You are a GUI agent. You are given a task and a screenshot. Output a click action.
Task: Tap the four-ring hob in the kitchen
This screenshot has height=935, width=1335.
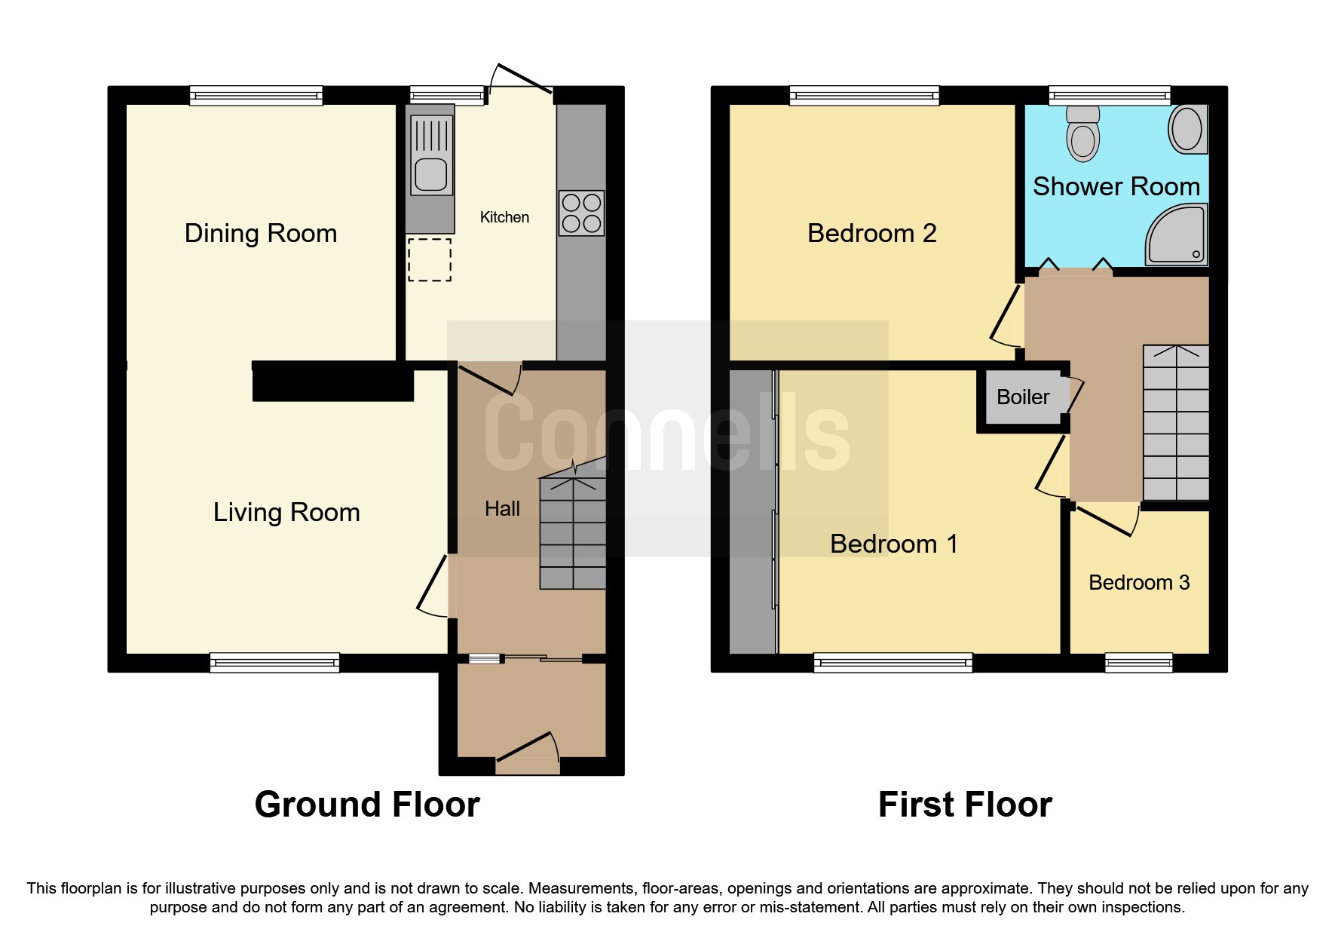581,213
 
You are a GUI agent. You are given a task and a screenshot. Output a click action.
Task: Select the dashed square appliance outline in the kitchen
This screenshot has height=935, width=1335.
430,260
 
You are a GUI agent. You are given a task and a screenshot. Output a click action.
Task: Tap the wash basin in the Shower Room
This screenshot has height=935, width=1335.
1188,129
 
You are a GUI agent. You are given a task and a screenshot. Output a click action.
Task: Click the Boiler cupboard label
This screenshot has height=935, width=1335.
1022,397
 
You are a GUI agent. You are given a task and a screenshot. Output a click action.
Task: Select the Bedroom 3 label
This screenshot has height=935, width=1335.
1138,583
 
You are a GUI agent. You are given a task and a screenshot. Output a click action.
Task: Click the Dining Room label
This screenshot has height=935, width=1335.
260,234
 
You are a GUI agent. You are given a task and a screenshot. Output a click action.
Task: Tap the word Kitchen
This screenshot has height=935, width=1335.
504,218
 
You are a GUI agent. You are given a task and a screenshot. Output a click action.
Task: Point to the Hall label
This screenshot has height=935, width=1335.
502,509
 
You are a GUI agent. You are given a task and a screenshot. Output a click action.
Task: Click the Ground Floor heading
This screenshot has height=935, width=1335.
367,805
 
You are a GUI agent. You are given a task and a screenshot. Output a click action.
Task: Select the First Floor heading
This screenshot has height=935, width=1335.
964,805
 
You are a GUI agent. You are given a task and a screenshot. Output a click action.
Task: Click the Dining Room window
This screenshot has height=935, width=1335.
256,95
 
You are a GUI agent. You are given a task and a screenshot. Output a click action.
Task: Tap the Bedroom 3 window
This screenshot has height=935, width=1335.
1138,663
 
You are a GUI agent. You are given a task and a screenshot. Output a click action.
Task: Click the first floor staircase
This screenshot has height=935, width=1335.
1176,422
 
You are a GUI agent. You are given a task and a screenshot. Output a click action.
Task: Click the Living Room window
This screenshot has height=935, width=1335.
274,663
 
